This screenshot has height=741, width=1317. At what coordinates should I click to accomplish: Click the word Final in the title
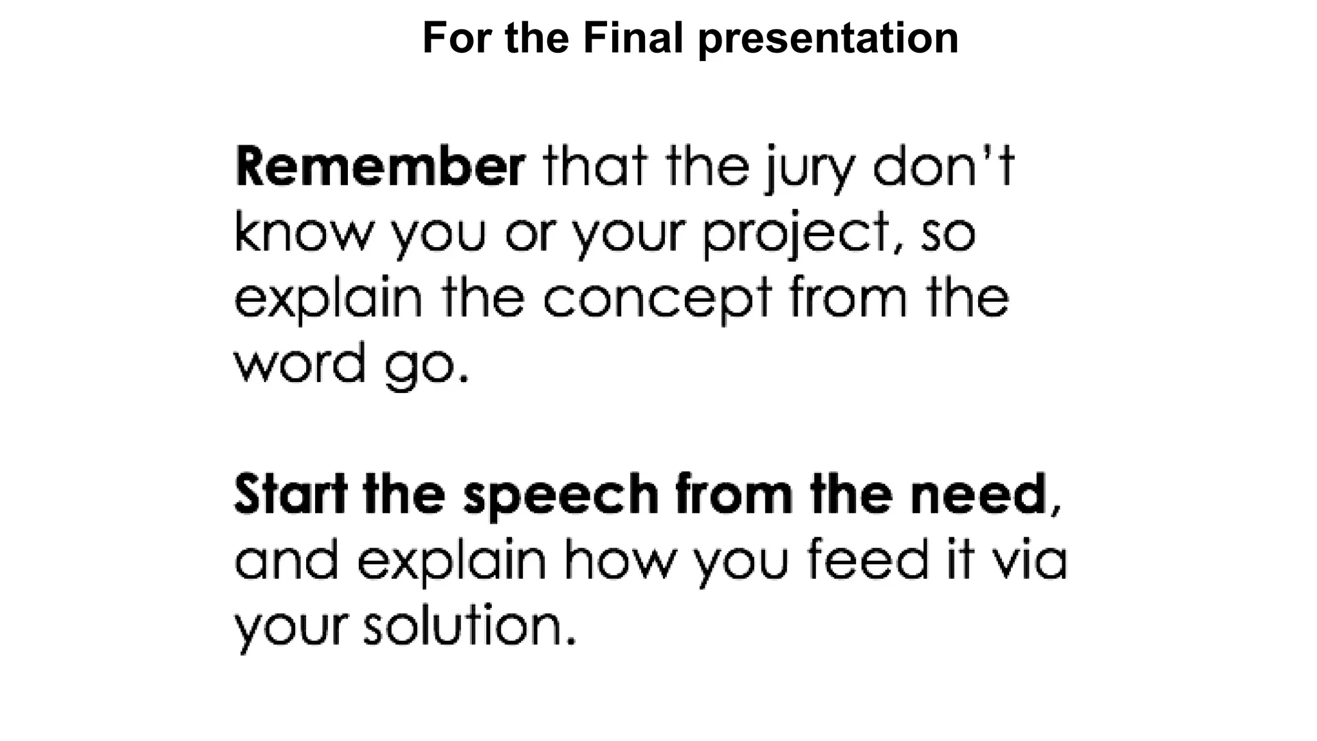(633, 38)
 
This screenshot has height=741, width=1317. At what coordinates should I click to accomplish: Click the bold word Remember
(380, 167)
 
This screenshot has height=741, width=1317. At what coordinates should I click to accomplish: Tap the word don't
(943, 167)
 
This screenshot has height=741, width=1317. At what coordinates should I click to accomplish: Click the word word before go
(300, 363)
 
